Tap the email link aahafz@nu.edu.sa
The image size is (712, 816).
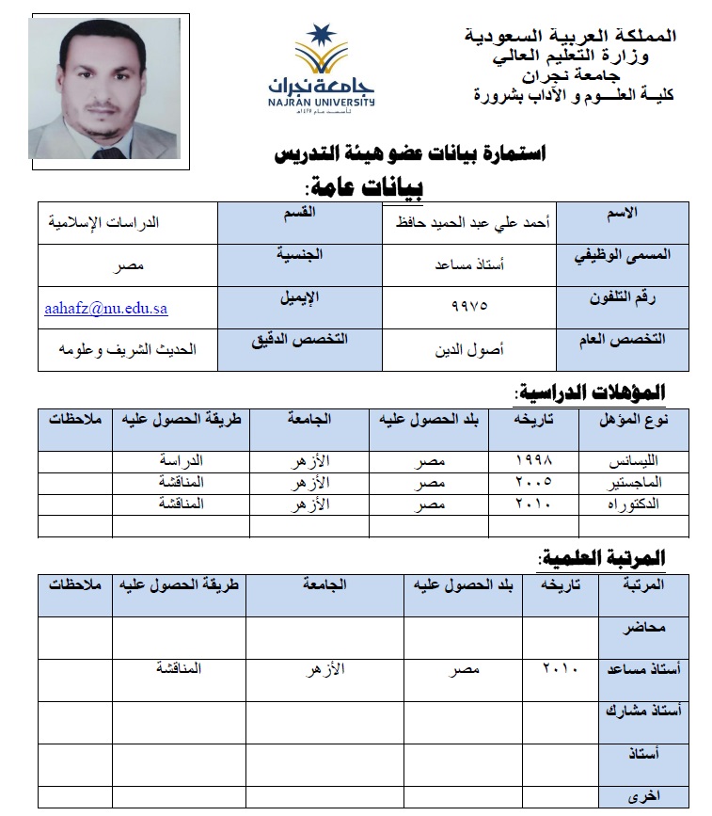point(106,308)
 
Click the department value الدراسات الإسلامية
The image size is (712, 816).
point(104,223)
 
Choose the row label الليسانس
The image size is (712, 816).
point(637,461)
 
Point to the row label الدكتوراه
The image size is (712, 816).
point(636,504)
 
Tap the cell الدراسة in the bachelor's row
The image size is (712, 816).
point(182,460)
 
